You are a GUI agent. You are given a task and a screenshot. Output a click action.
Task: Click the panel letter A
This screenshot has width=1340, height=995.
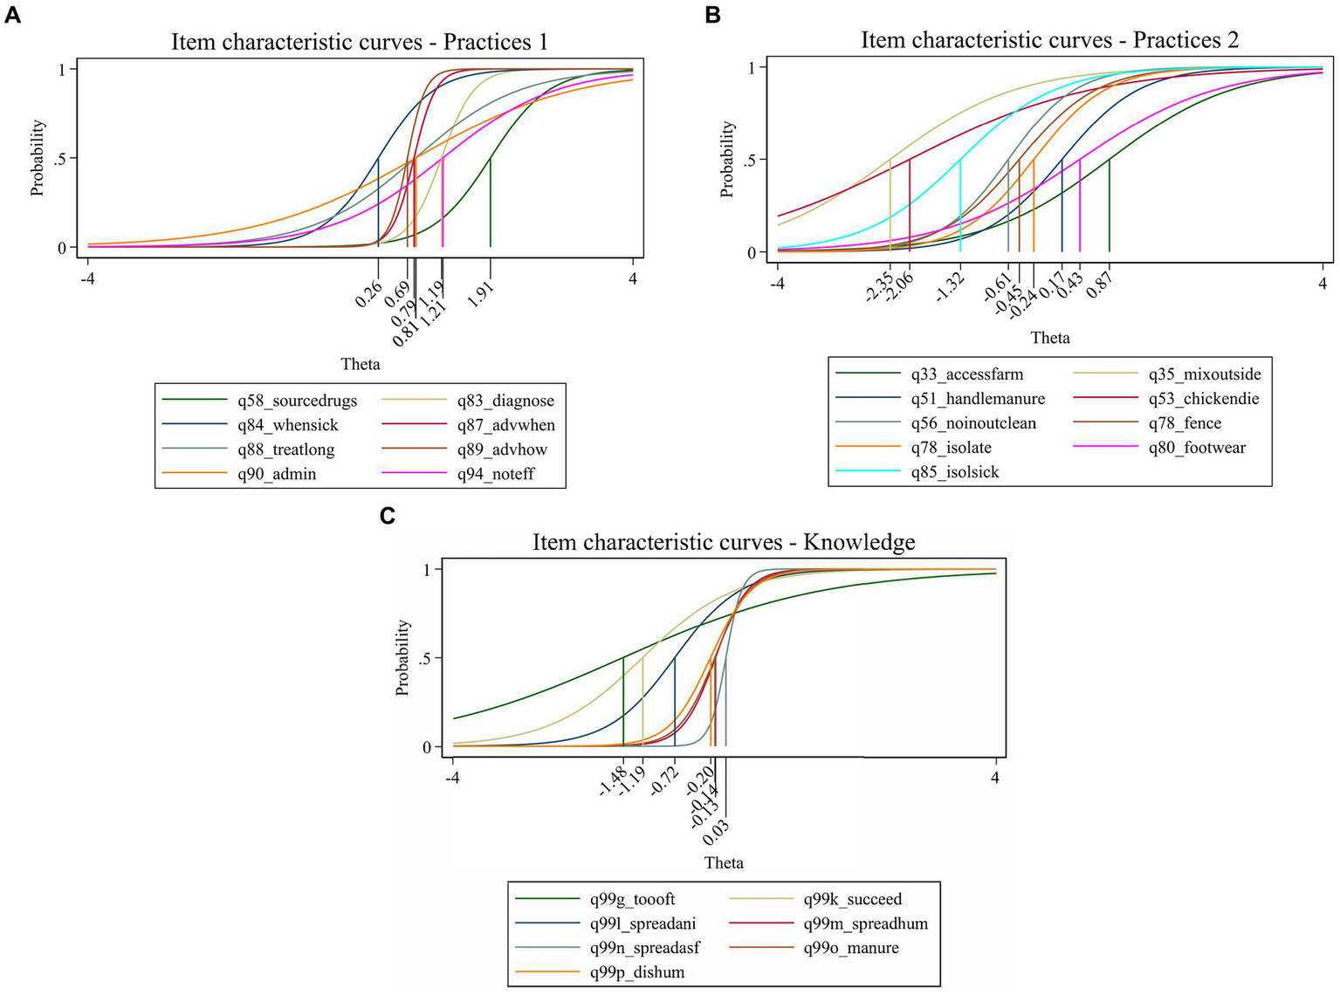pyautogui.click(x=12, y=15)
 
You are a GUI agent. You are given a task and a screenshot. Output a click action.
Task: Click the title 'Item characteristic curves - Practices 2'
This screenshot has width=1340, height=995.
pyautogui.click(x=1049, y=40)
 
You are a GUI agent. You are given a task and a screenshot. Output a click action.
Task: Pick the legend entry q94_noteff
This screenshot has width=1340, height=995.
pyautogui.click(x=496, y=474)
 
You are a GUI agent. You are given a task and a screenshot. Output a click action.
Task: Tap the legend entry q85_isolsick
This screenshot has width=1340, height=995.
pyautogui.click(x=955, y=472)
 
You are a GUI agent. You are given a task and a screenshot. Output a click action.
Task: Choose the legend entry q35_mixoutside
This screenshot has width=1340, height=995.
pyautogui.click(x=1205, y=374)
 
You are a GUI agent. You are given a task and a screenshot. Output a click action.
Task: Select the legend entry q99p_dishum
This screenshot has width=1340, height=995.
pyautogui.click(x=637, y=972)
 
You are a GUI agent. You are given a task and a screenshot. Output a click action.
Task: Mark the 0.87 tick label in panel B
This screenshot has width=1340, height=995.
pyautogui.click(x=1099, y=285)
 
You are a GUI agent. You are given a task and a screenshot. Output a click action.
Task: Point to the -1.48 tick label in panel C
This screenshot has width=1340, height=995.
pyautogui.click(x=612, y=782)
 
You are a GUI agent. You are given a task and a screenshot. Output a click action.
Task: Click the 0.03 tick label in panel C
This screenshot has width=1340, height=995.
pyautogui.click(x=716, y=833)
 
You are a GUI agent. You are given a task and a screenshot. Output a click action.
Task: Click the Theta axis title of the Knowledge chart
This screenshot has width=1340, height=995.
pyautogui.click(x=724, y=863)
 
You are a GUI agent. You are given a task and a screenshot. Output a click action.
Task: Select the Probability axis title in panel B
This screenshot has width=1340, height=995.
pyautogui.click(x=726, y=159)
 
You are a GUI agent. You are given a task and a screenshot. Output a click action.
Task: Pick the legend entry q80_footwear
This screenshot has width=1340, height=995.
pyautogui.click(x=1197, y=448)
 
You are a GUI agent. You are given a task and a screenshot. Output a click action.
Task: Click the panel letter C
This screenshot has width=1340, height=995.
pyautogui.click(x=388, y=516)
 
